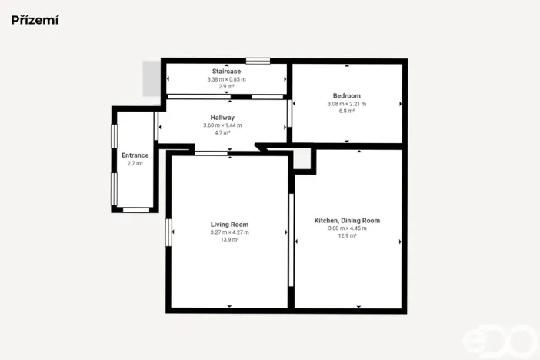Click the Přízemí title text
(35, 20)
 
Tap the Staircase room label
(226, 71)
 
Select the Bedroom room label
(346, 95)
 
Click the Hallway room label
(222, 118)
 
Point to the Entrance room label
(135, 155)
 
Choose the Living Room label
(229, 225)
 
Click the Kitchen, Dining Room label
(347, 221)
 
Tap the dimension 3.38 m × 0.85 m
(226, 79)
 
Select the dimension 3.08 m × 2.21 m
(346, 104)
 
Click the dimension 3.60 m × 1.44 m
(222, 125)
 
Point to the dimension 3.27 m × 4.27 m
(229, 232)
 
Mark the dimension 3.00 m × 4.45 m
(347, 228)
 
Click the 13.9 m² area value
(229, 240)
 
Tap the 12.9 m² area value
(347, 236)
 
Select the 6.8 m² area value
(346, 112)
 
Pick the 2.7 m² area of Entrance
(135, 163)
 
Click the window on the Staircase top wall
(258, 60)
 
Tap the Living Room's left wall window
(168, 232)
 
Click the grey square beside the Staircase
(150, 79)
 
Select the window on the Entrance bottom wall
(137, 209)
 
